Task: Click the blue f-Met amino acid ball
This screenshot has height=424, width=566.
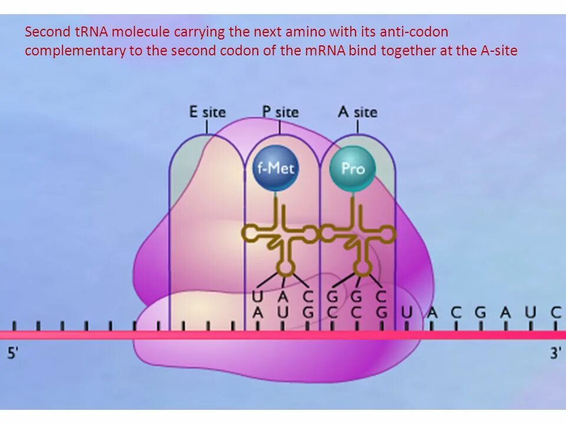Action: coord(275,168)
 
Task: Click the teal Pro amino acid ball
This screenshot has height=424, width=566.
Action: coord(353,168)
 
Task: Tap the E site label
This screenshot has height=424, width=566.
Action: coord(207,111)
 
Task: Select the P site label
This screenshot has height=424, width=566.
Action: coord(280,111)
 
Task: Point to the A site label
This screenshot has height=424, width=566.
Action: coord(357,111)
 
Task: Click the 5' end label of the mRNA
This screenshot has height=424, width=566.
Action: coord(13,353)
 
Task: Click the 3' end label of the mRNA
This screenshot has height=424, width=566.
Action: coord(555,353)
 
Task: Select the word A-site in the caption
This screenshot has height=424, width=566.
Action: coord(499,51)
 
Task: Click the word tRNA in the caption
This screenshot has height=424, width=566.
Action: coord(88,32)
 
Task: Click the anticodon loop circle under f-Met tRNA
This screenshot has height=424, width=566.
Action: coord(286,269)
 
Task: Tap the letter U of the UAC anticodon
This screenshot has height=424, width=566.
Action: coord(257,296)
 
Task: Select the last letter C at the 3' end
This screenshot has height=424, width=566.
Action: coord(555,312)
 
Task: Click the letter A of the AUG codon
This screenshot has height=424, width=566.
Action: coord(257,312)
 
